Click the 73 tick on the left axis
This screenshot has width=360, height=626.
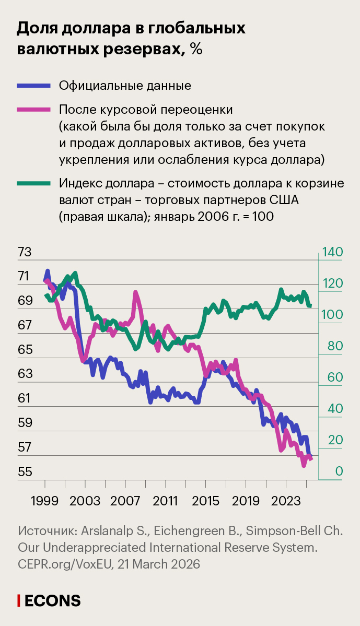pos(25,252)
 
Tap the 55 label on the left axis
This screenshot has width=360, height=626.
pos(25,472)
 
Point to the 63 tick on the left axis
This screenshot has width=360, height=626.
pos(25,374)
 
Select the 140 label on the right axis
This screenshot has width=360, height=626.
pos(332,252)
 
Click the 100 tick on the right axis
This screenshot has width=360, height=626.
pos(332,315)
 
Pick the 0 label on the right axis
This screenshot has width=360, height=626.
pos(339,472)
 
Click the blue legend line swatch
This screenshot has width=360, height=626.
pos(34,86)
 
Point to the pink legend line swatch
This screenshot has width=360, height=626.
pos(34,110)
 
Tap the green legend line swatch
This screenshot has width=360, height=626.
pos(34,183)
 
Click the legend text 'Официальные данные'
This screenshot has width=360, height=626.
pos(125,86)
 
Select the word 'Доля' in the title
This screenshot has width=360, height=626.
pos(37,29)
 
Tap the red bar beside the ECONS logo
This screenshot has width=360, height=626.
pos(19,600)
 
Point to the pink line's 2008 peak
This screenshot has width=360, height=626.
pos(136,293)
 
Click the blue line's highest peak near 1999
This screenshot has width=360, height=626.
pos(48,271)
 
